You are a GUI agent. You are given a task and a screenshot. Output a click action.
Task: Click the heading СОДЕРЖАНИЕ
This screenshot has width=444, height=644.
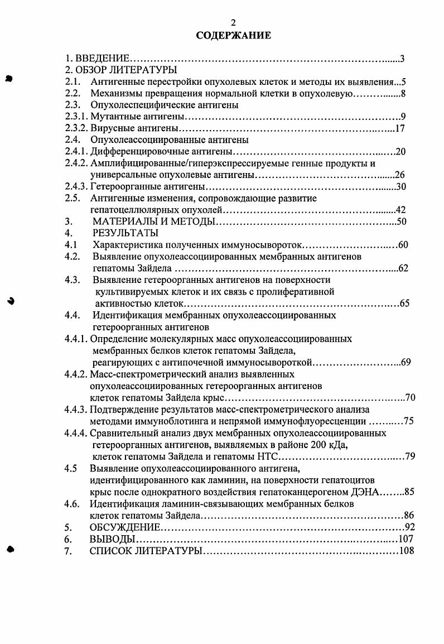click(233, 36)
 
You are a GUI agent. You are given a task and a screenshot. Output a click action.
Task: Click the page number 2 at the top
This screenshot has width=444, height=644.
click(234, 22)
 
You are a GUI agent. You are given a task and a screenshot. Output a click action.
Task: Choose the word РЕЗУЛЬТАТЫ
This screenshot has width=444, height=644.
click(126, 233)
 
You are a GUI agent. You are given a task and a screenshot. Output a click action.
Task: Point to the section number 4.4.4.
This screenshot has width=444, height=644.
click(76, 432)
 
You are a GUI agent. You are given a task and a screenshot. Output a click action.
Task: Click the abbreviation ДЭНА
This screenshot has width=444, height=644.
click(365, 492)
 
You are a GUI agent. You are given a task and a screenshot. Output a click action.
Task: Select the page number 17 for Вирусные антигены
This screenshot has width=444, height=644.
click(399, 128)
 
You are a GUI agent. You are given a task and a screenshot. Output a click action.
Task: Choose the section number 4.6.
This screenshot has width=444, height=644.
click(71, 503)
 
